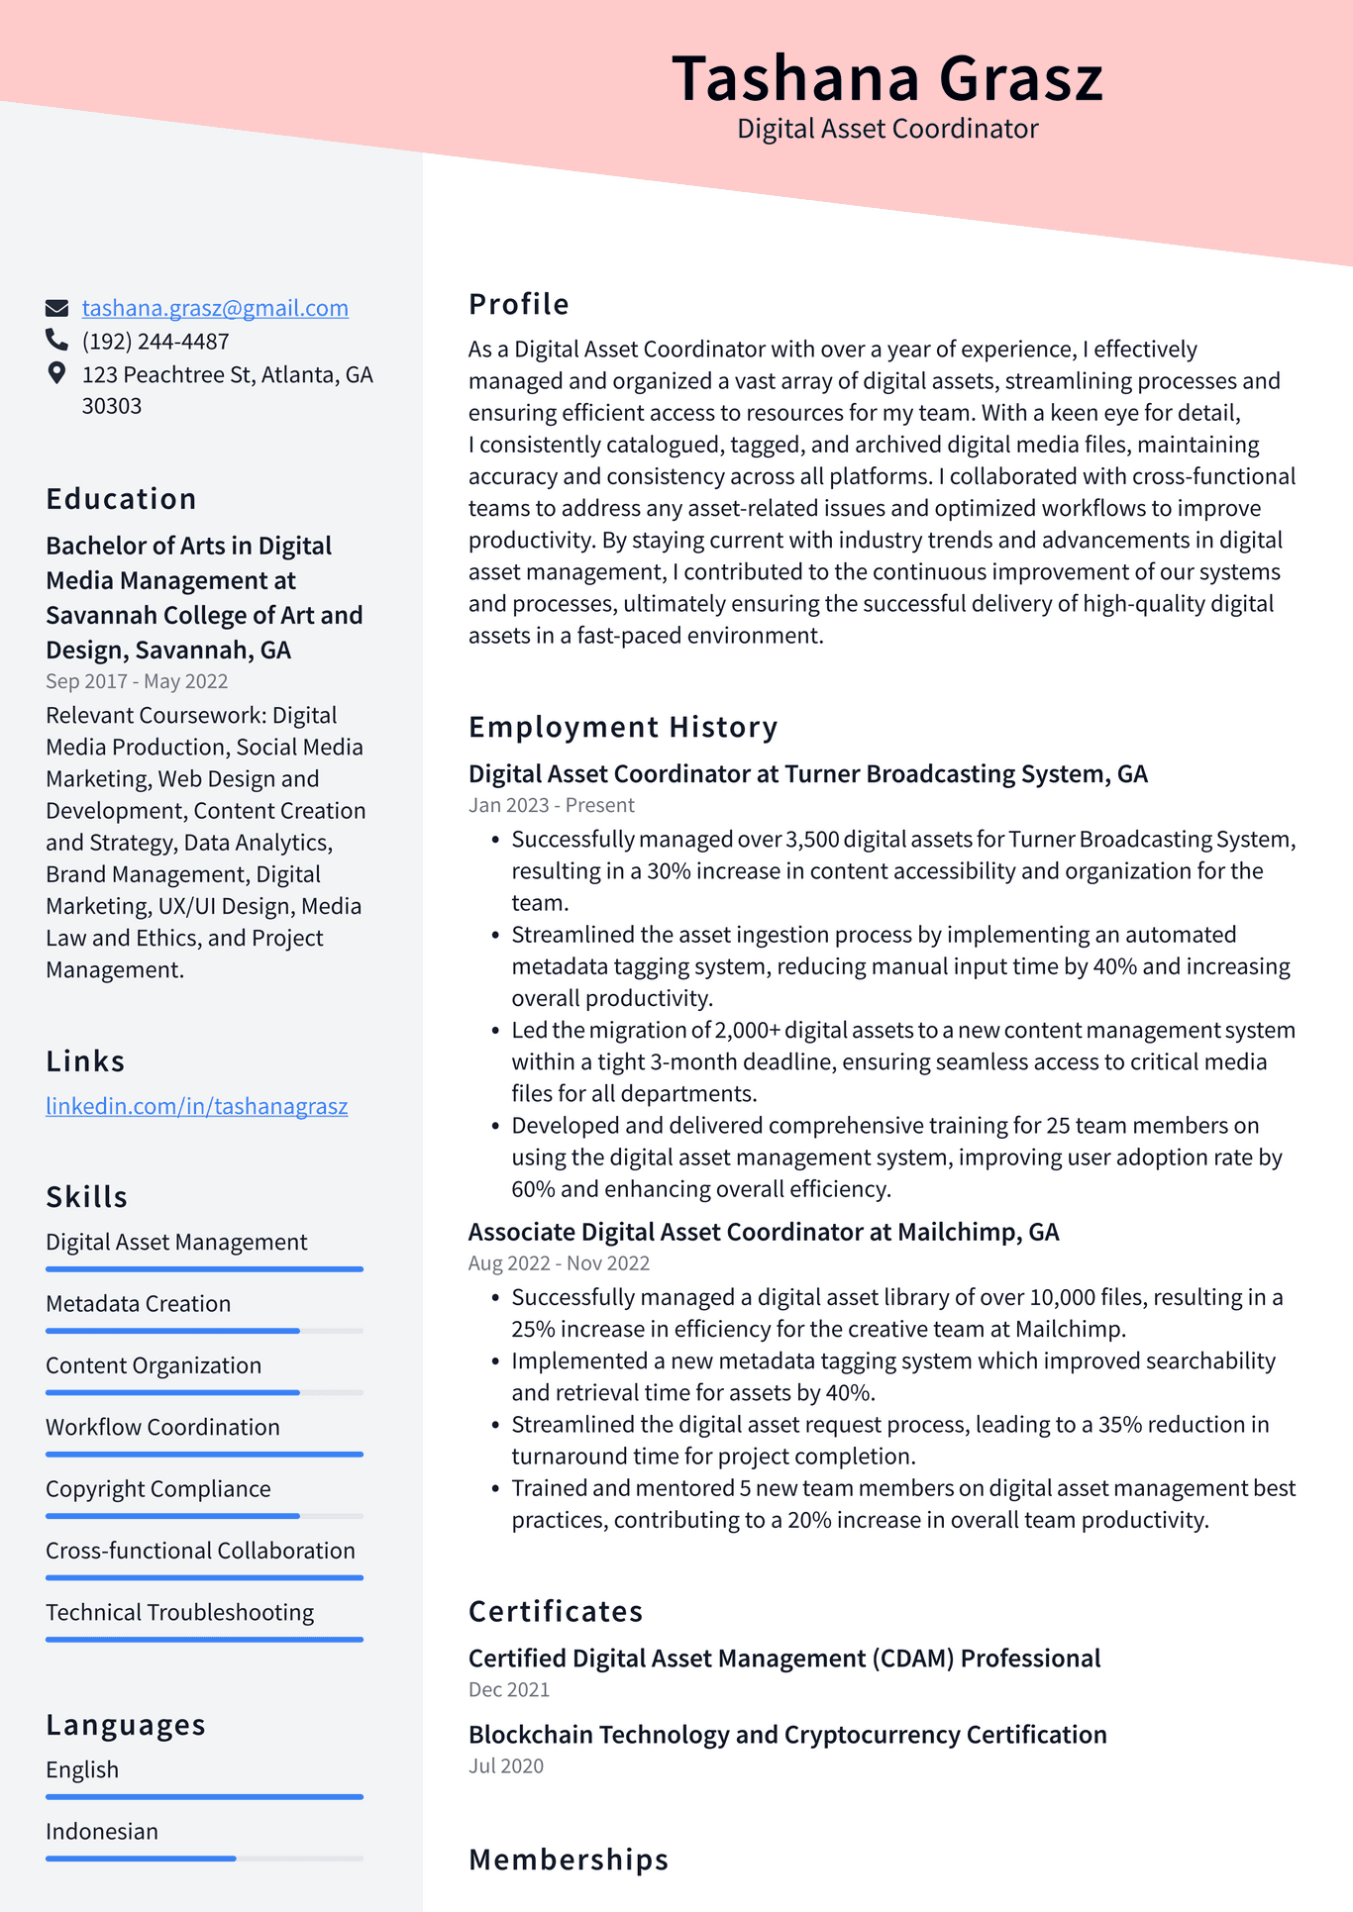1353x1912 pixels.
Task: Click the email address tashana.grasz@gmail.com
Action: pos(215,308)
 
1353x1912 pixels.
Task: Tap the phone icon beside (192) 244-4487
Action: pos(56,341)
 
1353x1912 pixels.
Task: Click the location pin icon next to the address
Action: pos(56,373)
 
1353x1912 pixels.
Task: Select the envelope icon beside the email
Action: pos(56,308)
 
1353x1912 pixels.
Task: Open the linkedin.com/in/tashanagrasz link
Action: pos(196,1106)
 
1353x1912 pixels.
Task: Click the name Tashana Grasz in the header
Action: pos(886,78)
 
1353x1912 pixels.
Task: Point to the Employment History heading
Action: pos(623,727)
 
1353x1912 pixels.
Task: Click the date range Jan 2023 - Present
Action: pos(551,805)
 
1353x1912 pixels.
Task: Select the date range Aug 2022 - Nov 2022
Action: pos(559,1263)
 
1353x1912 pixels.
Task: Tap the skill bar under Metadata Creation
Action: pos(204,1331)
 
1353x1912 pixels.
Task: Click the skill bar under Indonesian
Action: pos(204,1859)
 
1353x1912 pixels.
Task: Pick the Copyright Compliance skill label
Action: pos(158,1489)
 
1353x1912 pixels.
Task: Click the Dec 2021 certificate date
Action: pos(508,1689)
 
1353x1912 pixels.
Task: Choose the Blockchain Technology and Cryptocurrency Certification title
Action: pos(787,1735)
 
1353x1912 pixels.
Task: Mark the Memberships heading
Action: pos(569,1860)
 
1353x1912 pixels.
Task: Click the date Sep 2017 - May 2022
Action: pos(137,681)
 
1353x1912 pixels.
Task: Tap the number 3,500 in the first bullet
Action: pos(812,840)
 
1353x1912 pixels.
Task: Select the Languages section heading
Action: pos(126,1725)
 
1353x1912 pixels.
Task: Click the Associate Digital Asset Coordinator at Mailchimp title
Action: pos(763,1232)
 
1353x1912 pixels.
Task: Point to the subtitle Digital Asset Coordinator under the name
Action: pos(886,129)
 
